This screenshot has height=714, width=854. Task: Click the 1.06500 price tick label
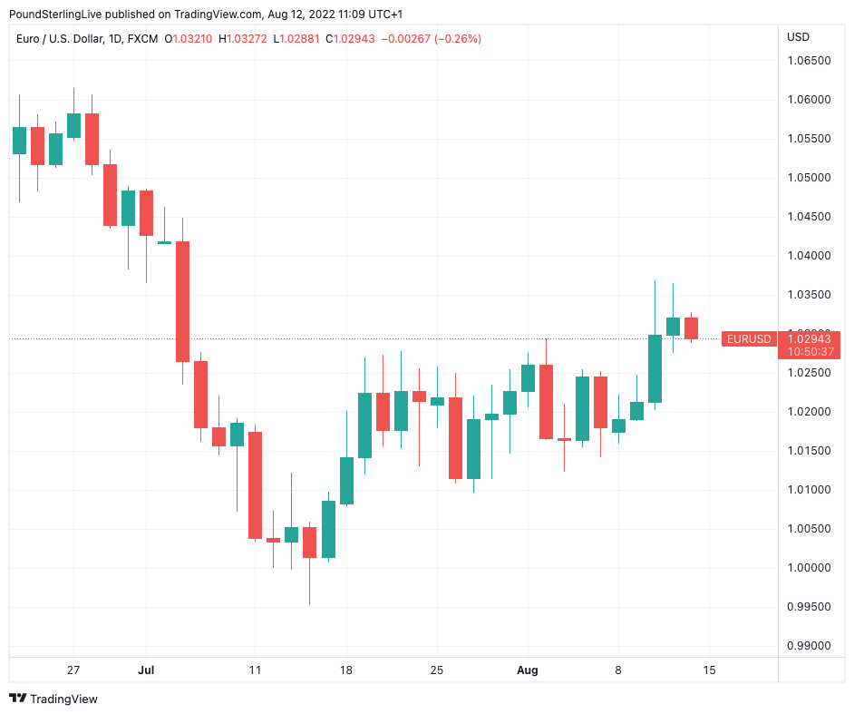click(x=808, y=61)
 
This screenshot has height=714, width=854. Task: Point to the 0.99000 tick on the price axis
click(x=808, y=646)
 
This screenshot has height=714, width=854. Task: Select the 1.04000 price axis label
click(x=808, y=256)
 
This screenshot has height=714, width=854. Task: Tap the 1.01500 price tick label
click(x=808, y=451)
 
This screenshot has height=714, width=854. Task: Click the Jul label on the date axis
click(x=146, y=670)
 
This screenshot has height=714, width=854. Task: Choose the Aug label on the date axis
click(x=527, y=670)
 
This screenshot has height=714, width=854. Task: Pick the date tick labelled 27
click(x=73, y=670)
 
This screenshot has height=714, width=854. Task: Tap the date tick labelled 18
click(x=345, y=670)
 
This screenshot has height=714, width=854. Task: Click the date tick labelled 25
click(x=436, y=670)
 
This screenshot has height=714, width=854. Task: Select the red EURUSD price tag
click(x=749, y=339)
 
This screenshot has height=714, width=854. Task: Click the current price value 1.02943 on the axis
click(x=809, y=338)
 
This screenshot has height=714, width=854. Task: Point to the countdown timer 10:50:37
click(x=809, y=351)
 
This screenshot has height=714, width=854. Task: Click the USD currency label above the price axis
click(x=798, y=37)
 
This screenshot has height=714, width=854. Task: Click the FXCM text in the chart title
click(x=142, y=39)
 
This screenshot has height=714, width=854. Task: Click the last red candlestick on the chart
click(x=691, y=328)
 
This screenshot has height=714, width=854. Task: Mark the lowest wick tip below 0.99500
click(x=309, y=604)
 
